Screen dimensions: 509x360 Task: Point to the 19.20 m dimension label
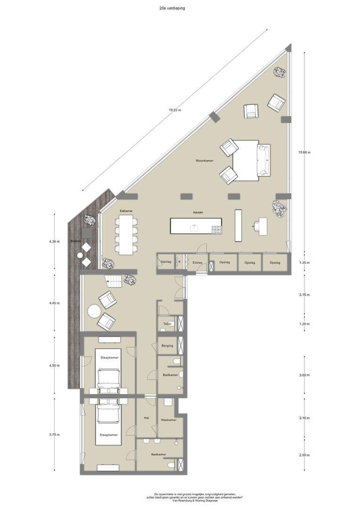[175, 110]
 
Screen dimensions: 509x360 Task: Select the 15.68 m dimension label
[304, 152]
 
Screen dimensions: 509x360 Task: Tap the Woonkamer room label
[205, 161]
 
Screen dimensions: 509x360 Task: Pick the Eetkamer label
[126, 211]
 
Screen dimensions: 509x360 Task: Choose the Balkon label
[75, 241]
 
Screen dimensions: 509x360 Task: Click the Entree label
[197, 262]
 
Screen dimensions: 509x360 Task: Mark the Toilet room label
[166, 324]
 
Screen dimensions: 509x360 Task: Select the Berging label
[167, 346]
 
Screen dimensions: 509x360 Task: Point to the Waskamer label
[169, 419]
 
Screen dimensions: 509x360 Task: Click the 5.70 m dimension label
[55, 435]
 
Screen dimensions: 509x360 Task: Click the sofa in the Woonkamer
[263, 160]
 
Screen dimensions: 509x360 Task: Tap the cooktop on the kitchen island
[217, 230]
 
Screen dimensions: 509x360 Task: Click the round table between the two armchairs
[94, 312]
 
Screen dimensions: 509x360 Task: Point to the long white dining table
[126, 235]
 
